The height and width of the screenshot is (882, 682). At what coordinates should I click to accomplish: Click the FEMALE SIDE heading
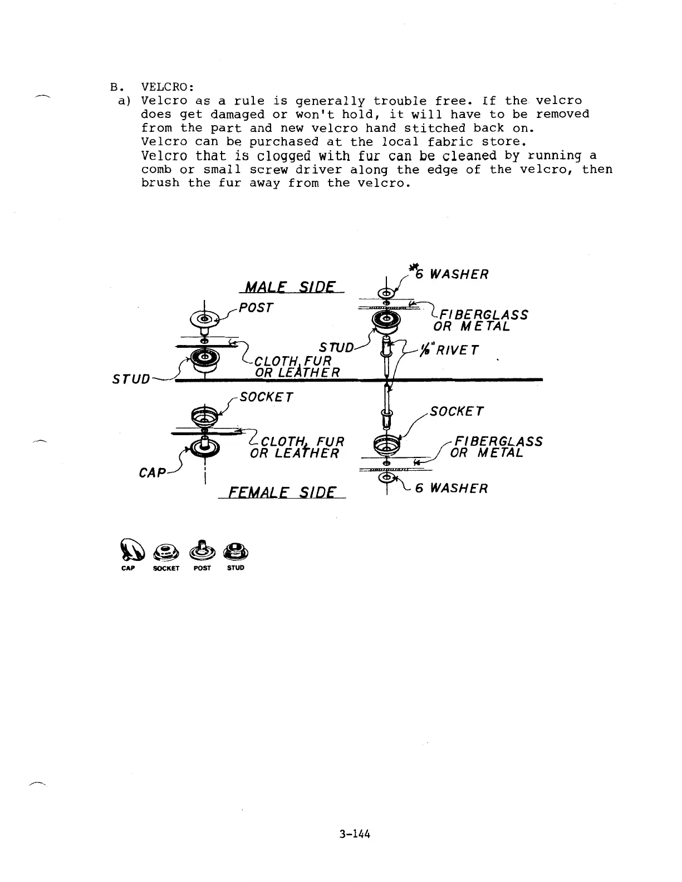coord(284,492)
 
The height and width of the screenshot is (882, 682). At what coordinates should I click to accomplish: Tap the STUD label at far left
coord(131,379)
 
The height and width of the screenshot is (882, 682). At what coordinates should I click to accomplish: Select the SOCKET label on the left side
coord(265,397)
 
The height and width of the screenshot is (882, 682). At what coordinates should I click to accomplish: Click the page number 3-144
coord(355,834)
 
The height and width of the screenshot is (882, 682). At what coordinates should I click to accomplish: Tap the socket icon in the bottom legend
coord(166,551)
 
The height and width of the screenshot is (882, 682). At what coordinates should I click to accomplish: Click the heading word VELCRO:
coord(168,87)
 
